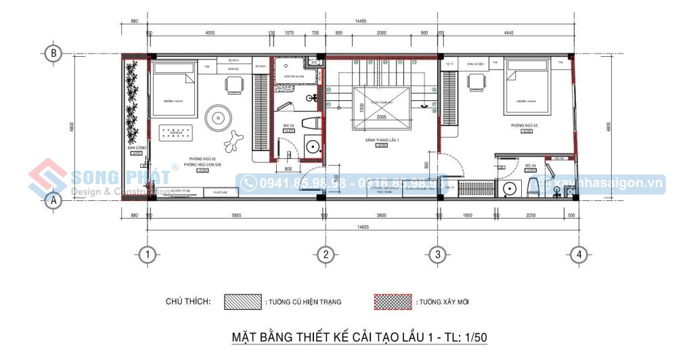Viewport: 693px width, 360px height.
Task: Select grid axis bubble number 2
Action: click(x=326, y=254)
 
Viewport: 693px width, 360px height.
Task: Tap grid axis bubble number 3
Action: click(x=439, y=254)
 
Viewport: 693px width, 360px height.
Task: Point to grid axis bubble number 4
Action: click(x=578, y=254)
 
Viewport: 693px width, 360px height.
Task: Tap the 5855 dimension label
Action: click(x=235, y=215)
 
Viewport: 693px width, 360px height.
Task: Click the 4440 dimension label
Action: click(x=509, y=32)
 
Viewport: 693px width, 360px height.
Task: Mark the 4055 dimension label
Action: click(x=210, y=32)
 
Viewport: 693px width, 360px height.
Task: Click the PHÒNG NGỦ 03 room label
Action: click(x=525, y=126)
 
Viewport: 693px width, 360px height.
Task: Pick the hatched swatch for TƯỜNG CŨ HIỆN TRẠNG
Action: click(x=243, y=301)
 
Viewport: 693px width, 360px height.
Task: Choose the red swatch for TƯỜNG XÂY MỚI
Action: click(x=393, y=301)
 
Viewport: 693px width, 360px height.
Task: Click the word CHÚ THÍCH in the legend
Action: click(x=188, y=301)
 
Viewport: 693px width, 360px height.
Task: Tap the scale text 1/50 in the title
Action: click(x=474, y=336)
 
